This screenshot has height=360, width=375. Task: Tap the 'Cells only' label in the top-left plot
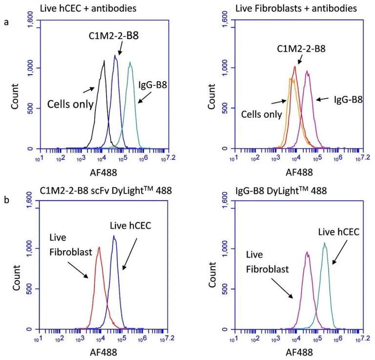tap(70, 104)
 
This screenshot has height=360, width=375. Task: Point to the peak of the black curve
tap(104, 62)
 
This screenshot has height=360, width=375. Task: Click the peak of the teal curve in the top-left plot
tap(130, 63)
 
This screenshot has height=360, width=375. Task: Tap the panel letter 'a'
tap(6, 23)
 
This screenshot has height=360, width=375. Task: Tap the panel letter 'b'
tap(6, 199)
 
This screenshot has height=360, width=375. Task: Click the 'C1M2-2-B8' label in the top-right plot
tap(302, 48)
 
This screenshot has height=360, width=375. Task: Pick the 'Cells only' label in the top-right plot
tap(261, 114)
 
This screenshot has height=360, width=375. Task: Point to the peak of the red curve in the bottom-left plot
tap(99, 247)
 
